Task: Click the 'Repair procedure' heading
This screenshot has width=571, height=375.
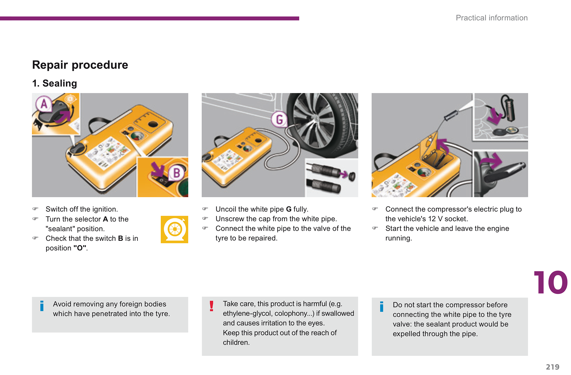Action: (80, 65)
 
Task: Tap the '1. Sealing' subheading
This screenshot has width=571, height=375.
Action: (54, 83)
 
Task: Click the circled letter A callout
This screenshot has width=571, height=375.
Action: (44, 104)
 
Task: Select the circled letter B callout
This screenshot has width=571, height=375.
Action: (177, 173)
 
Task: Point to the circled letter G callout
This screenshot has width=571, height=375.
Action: (279, 119)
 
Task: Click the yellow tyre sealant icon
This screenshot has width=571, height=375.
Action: (175, 230)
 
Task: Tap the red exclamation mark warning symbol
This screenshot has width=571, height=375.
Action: (211, 306)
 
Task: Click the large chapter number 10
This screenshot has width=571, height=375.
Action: (550, 282)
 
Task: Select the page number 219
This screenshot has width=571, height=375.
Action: (553, 367)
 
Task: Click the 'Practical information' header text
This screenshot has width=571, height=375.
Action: (492, 18)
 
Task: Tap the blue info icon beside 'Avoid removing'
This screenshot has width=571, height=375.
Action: (42, 306)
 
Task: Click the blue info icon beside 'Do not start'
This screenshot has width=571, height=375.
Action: (382, 307)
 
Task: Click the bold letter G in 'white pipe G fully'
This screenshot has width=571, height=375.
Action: (288, 209)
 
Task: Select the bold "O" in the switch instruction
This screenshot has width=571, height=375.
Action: (80, 248)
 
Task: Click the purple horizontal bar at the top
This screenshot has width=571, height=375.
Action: (150, 18)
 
